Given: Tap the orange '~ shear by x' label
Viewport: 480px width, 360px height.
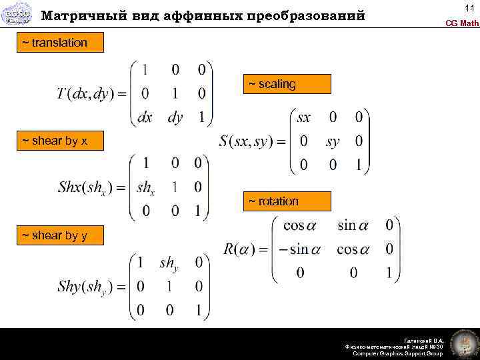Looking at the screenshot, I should tap(55, 141).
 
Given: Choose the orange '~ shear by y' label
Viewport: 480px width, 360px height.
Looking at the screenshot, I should tap(55, 235).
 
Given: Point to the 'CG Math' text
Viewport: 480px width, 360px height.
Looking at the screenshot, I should tap(462, 23).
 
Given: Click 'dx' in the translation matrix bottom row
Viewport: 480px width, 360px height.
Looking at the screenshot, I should tap(145, 117).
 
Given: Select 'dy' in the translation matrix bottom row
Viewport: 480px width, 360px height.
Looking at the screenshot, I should tap(175, 117).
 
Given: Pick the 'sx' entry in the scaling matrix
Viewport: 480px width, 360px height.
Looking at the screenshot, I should tap(303, 118).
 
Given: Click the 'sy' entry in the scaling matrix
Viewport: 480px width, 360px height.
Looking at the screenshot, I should tap(333, 141).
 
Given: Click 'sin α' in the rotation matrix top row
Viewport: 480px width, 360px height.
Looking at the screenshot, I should tap(353, 225).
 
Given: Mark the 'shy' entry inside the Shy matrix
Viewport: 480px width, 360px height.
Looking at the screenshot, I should tap(169, 263).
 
